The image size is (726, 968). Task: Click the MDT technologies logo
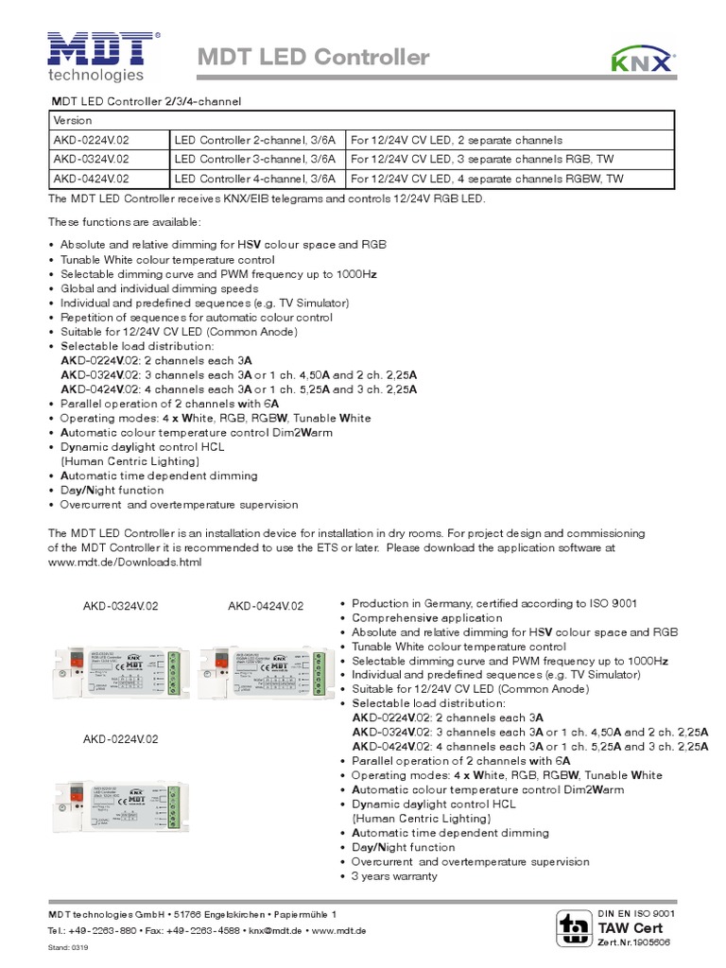(103, 56)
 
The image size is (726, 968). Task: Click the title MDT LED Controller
(313, 59)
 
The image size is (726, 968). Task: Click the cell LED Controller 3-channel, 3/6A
(256, 158)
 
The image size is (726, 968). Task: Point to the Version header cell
(72, 120)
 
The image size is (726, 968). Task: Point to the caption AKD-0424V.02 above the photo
(266, 605)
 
